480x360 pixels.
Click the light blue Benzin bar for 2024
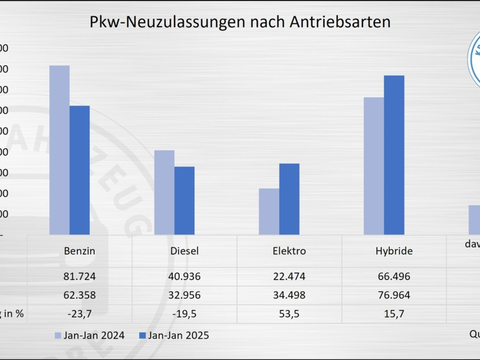(x=59, y=150)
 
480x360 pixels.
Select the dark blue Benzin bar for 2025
(x=80, y=170)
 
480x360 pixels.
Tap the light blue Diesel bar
(x=164, y=192)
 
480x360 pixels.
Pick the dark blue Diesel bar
(x=184, y=200)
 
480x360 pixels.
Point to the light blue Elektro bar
(x=269, y=211)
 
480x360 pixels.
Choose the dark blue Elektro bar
(x=289, y=199)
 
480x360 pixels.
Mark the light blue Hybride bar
(x=374, y=166)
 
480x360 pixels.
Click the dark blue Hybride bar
(x=394, y=155)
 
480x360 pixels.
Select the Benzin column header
(x=80, y=251)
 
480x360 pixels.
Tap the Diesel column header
(x=184, y=251)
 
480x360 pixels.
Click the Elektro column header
(x=289, y=251)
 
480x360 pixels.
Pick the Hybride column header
(x=394, y=251)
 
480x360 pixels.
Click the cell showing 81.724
(x=80, y=276)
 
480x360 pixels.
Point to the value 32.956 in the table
(x=184, y=295)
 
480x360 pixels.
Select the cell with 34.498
(x=289, y=295)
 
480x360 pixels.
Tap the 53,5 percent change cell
(x=289, y=314)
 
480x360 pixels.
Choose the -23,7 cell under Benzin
(x=80, y=314)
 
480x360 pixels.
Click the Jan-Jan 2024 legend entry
(x=90, y=335)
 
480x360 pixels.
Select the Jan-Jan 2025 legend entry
(x=174, y=335)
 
